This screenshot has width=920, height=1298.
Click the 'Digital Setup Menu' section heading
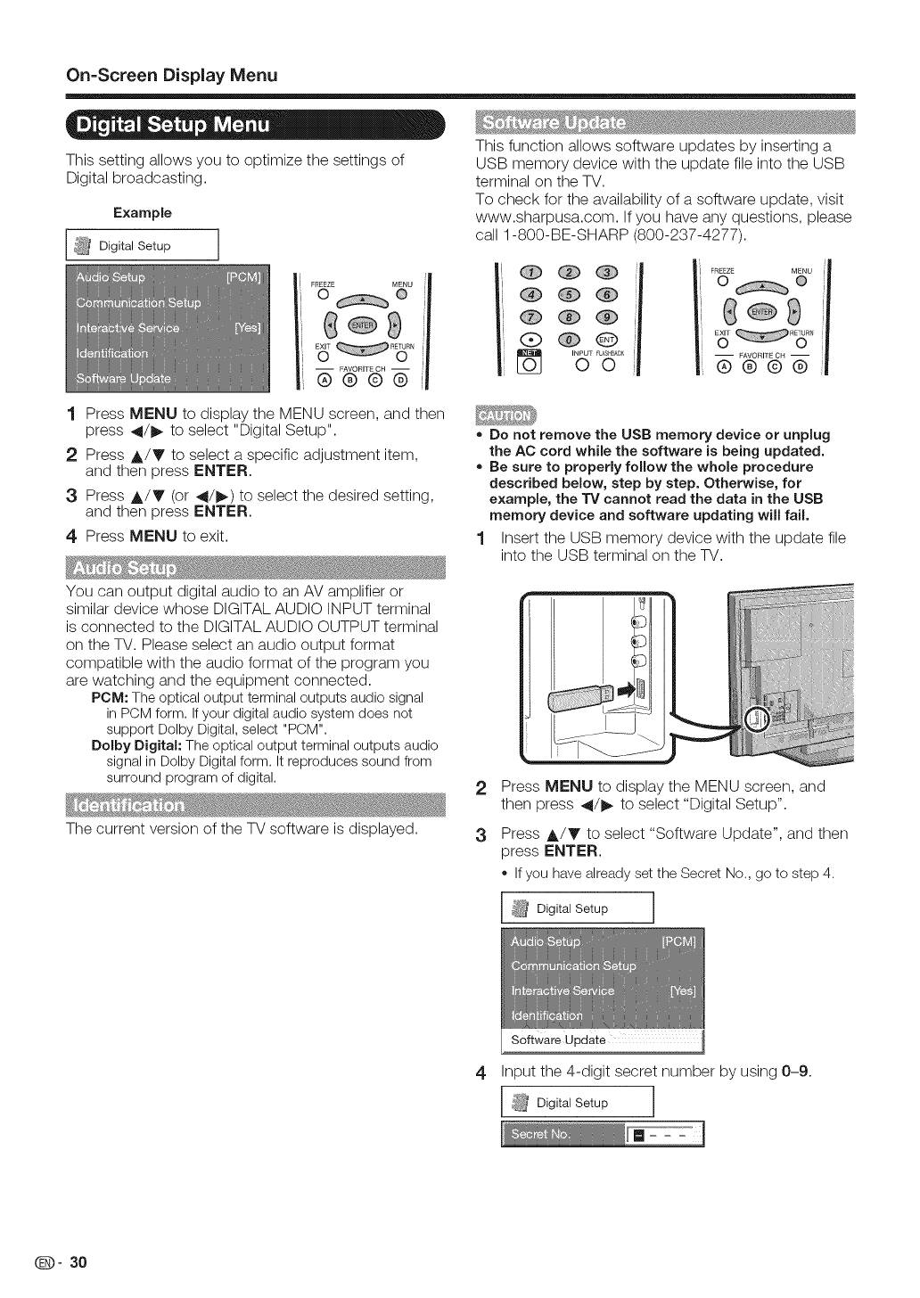point(174,125)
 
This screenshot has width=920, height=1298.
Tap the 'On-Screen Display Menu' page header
point(173,74)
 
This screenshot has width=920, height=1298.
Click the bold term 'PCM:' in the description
point(109,697)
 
